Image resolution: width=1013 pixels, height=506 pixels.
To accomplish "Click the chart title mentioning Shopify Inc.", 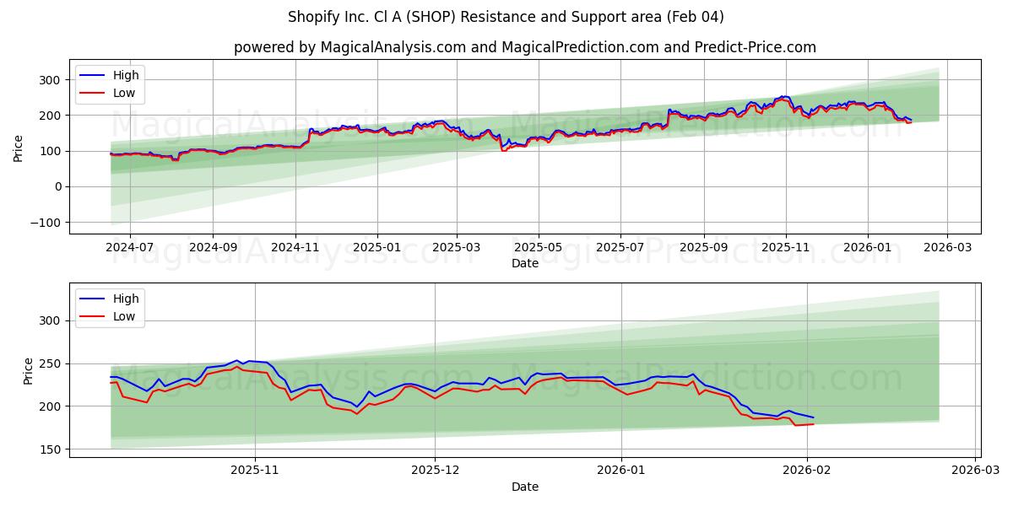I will pos(506,17).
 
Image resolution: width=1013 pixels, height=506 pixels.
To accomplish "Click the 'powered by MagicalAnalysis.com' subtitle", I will pos(524,47).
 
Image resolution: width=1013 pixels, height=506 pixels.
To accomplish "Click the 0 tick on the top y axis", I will pos(58,186).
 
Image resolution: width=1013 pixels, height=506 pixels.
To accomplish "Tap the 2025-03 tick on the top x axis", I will pos(457,249).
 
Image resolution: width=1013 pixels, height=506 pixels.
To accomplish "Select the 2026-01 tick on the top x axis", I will pos(868,249).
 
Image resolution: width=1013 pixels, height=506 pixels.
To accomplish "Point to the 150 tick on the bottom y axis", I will pos(51,449).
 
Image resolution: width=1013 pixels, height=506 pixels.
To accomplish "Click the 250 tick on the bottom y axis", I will pos(51,363).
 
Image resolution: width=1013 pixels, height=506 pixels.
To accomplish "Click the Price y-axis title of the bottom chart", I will pos(28,370).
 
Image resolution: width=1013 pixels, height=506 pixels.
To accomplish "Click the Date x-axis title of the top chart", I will pos(524,263).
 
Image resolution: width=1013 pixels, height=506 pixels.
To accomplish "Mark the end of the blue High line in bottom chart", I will pos(814,417).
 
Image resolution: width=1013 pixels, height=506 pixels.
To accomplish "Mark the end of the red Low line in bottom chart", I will pos(814,423).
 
